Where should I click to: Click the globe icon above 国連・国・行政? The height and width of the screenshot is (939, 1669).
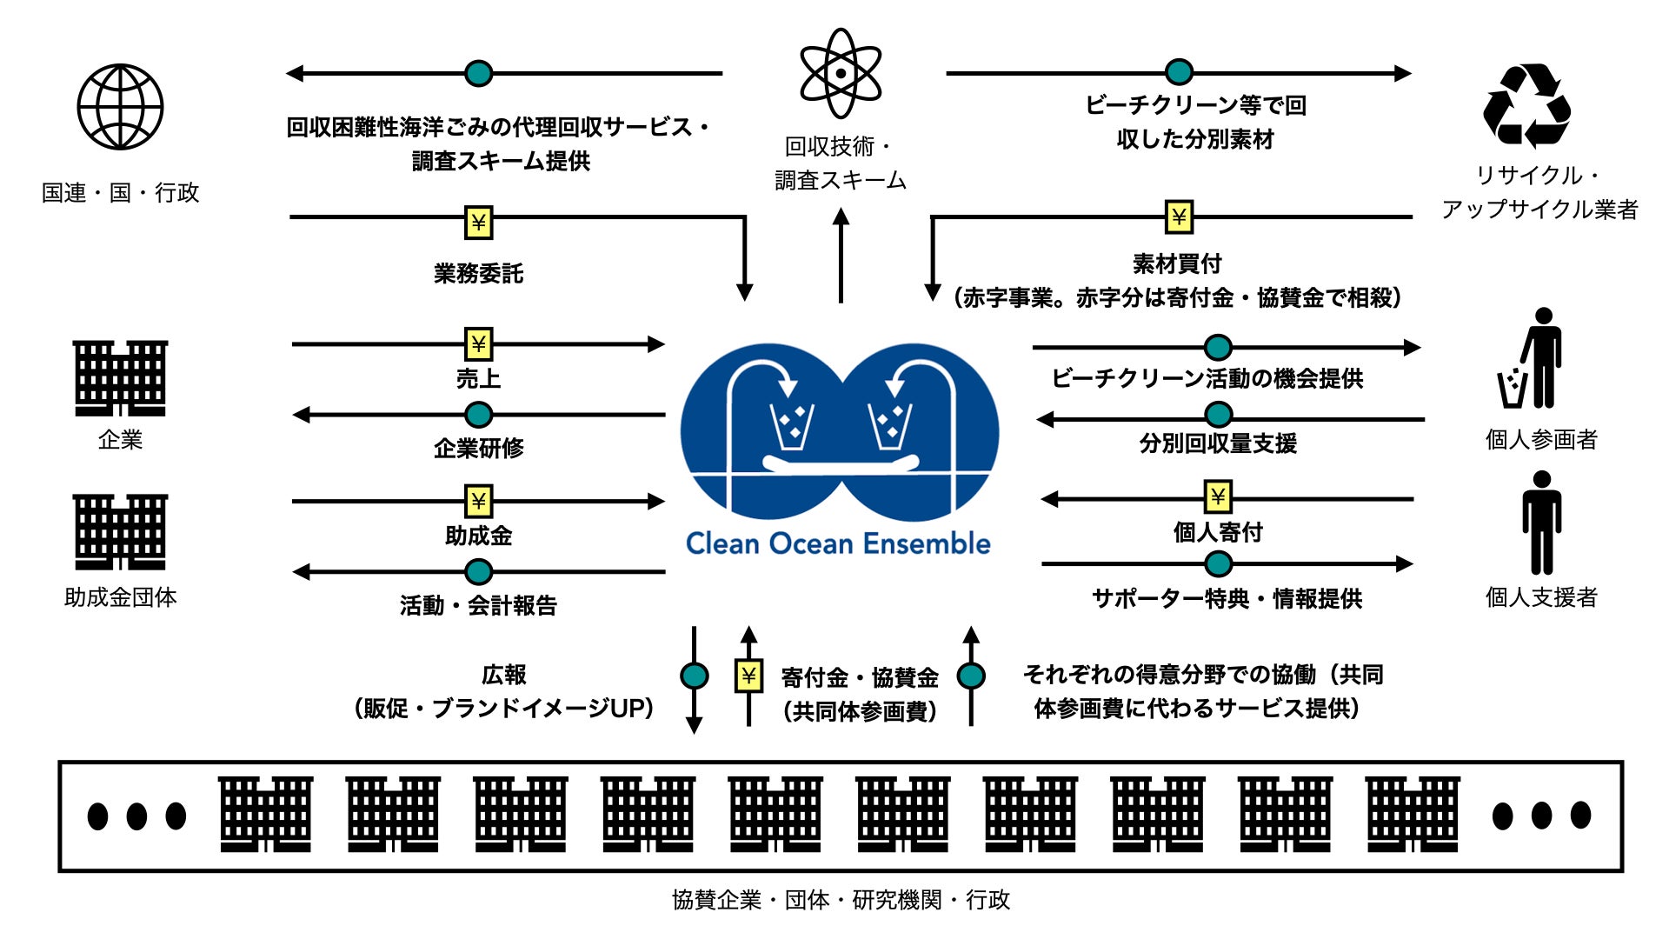(x=120, y=107)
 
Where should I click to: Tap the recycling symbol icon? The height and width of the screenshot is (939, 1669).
(x=1526, y=106)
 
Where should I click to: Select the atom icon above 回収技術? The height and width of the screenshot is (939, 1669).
(x=840, y=73)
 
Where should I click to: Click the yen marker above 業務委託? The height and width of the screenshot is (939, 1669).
(x=478, y=223)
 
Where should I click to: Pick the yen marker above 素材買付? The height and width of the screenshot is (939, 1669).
(x=1179, y=216)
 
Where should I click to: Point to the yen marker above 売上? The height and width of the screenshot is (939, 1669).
(x=478, y=344)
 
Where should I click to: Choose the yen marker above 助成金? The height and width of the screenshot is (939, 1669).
(x=478, y=502)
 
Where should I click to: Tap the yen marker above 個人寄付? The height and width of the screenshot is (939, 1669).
(x=1218, y=497)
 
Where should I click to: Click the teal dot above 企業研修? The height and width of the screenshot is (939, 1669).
(x=478, y=415)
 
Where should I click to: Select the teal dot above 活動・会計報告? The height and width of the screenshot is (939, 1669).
(x=478, y=571)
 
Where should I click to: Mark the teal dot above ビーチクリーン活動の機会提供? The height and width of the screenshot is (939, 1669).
(x=1218, y=348)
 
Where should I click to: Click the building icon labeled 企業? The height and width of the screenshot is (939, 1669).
(x=120, y=378)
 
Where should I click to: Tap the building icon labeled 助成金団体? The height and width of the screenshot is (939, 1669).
(x=120, y=531)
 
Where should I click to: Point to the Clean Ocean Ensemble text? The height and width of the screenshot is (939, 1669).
(x=838, y=544)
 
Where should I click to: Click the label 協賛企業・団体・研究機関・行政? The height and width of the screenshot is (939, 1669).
(x=841, y=900)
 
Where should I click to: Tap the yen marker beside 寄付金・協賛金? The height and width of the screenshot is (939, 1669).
(x=748, y=676)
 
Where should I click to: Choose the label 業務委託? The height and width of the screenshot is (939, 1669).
(x=478, y=274)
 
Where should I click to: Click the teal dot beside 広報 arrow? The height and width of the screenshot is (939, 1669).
(x=694, y=676)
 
